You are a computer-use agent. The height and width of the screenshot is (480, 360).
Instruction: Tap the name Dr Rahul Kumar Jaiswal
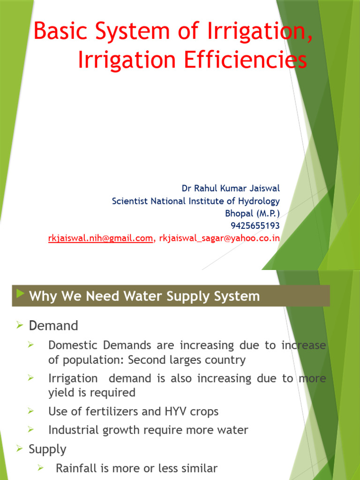pos(231,188)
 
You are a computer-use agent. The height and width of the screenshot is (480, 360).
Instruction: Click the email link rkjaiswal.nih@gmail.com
pos(101,239)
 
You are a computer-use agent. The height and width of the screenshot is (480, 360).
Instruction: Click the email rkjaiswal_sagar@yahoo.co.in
pos(219,239)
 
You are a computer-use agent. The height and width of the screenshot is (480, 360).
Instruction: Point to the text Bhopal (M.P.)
pos(253,213)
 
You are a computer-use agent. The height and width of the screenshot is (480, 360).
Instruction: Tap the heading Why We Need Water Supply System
pos(144,296)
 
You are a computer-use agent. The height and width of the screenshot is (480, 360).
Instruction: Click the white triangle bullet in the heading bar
pos(20,294)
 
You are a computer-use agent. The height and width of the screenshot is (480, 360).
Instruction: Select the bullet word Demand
pos(53,325)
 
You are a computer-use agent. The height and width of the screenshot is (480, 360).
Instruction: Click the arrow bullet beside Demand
pos(20,325)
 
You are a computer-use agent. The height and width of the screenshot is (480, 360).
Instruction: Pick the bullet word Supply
pos(47,450)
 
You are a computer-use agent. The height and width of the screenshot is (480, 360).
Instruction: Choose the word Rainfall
pos(75,468)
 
